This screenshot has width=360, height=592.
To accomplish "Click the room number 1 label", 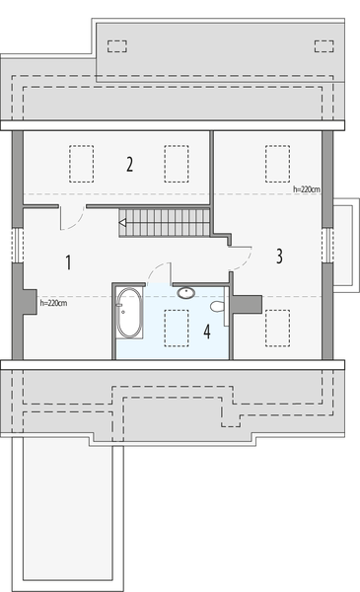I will pos(68,262).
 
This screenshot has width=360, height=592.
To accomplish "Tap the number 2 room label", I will pos(129,164).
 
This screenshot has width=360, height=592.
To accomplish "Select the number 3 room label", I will pos(279,257).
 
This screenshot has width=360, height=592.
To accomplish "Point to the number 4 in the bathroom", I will pos(207,332).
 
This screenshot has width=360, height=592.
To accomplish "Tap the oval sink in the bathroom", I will pos(185,292).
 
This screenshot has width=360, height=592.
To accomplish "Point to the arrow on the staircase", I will pos(123,225).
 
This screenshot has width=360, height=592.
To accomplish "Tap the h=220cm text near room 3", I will pos(307,185).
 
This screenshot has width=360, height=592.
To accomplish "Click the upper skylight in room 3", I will pos(277,161).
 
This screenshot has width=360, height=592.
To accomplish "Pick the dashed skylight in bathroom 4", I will pos(177,327).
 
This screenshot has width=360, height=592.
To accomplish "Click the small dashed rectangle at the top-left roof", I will pos(116,44).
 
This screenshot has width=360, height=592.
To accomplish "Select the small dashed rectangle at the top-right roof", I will pos(322,44).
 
